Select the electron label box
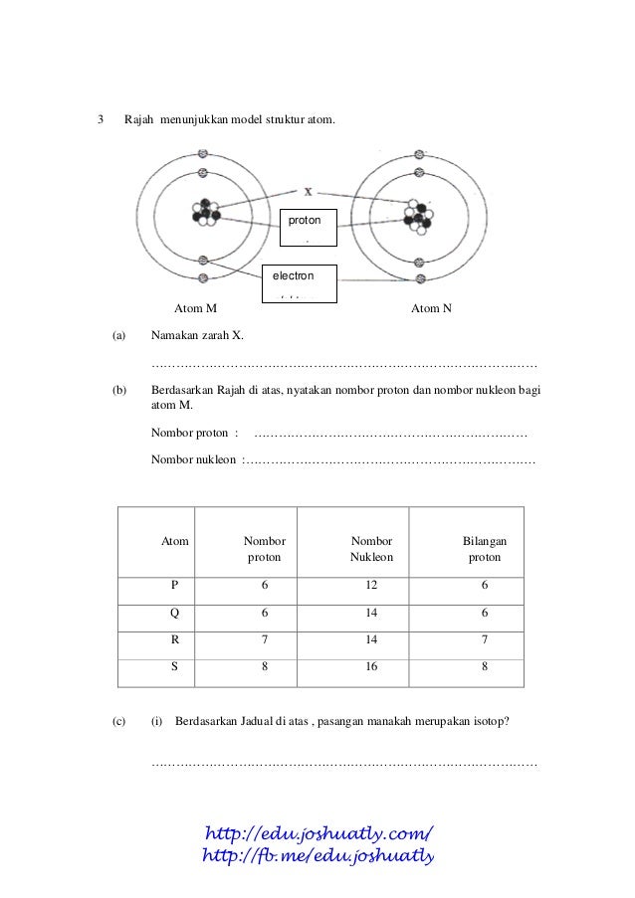pyautogui.click(x=299, y=282)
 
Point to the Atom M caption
pyautogui.click(x=196, y=308)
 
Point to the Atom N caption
pyautogui.click(x=431, y=308)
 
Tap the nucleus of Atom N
pyautogui.click(x=418, y=213)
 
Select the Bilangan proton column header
pyautogui.click(x=485, y=549)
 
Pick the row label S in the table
pyautogui.click(x=175, y=667)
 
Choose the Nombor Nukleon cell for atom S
pyautogui.click(x=371, y=667)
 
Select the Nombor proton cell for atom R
pyautogui.click(x=265, y=641)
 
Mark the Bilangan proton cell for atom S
pyautogui.click(x=485, y=667)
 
